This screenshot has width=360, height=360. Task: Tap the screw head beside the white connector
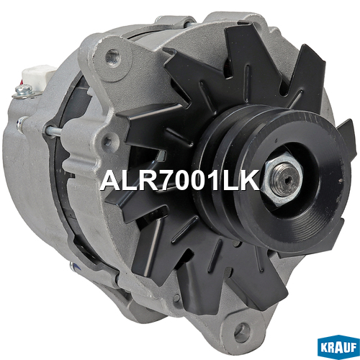23,89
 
